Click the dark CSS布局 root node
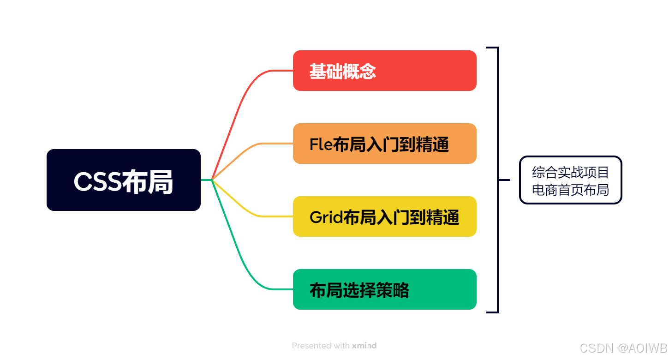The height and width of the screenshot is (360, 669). (124, 180)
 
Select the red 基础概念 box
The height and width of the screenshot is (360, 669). (384, 71)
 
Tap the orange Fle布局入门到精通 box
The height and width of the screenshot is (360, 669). (384, 144)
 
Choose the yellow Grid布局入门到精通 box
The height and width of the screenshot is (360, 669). (384, 216)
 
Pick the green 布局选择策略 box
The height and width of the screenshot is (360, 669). (384, 289)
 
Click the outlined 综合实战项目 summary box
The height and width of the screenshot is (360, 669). (571, 180)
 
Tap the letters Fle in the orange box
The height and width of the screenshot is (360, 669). (321, 144)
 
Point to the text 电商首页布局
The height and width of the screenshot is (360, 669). (571, 189)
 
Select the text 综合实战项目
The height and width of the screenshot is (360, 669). (571, 172)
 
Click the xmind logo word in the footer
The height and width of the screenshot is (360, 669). (364, 345)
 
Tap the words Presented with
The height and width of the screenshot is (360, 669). (321, 345)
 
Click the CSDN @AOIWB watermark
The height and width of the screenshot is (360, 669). (623, 348)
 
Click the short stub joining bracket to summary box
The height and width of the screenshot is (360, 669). (504, 180)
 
